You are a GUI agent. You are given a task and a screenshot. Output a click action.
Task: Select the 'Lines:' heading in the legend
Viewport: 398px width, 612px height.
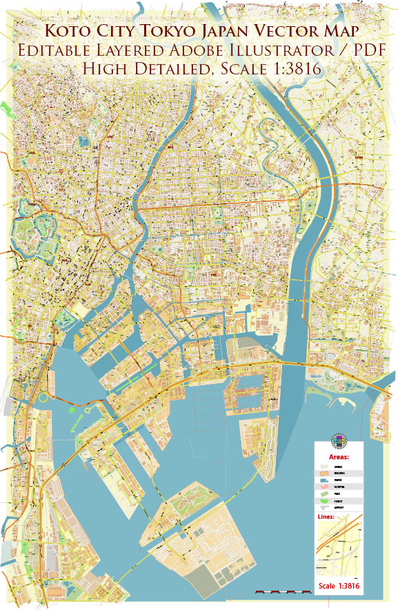click(x=326, y=516)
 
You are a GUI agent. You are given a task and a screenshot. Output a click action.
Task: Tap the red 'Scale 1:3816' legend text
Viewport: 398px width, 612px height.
click(x=339, y=586)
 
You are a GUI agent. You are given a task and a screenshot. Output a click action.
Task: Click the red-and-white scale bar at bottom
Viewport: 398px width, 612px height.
click(x=283, y=591)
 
